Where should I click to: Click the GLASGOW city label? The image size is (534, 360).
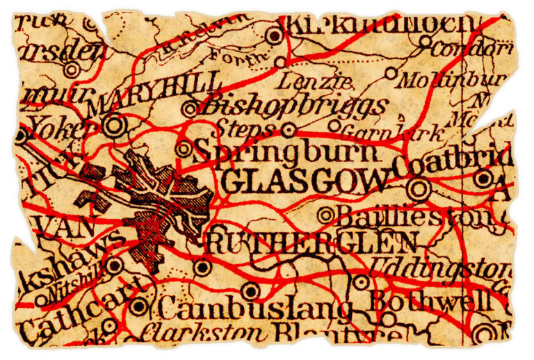point(306,182)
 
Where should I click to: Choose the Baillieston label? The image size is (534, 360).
point(414,217)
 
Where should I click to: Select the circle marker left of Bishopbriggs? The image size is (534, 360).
point(191,108)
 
